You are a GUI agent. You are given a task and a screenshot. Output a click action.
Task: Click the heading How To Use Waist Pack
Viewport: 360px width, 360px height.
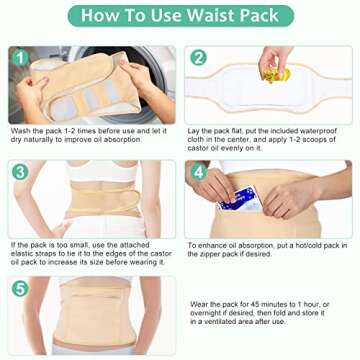tap(180, 16)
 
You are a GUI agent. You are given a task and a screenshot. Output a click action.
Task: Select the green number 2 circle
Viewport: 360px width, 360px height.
tap(199, 58)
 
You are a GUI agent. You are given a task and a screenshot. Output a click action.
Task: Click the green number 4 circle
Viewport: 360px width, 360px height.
tap(199, 171)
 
